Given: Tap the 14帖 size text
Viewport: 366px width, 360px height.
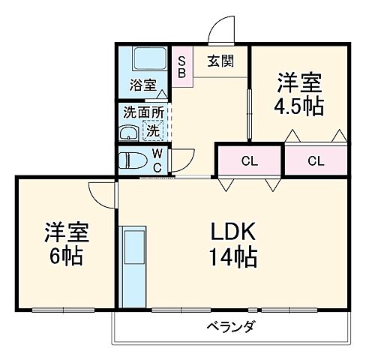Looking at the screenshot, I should coord(232,259).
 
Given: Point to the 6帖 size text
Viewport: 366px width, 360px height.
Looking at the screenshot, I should coord(66,256).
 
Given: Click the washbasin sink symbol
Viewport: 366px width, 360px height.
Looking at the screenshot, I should coord(128,133).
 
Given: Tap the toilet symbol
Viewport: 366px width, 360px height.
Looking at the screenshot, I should coord(134,159).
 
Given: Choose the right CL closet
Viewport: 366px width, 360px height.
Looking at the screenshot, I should coord(315,160).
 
